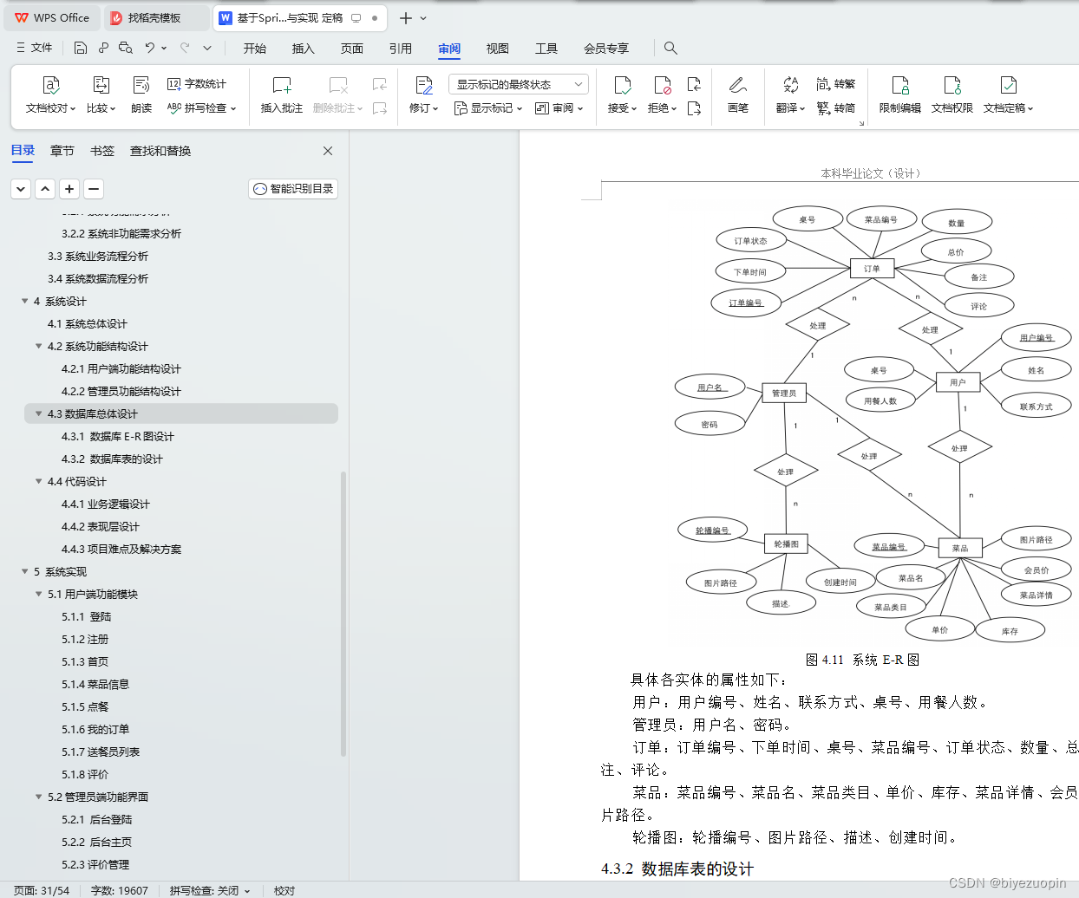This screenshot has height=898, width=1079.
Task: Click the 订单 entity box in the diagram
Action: coord(872,269)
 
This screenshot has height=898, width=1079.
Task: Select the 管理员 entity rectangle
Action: coord(784,394)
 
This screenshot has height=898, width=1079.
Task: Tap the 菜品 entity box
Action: coord(960,548)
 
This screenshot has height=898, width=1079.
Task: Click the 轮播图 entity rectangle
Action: coord(786,544)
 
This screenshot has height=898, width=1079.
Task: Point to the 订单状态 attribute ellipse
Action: coord(751,241)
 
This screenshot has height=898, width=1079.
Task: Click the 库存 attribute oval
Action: coord(1010,631)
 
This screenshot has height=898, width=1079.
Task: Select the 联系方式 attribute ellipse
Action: coord(1036,406)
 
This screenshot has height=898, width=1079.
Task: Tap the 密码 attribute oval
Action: coord(710,425)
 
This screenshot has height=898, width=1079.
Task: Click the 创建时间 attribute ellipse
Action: coord(840,582)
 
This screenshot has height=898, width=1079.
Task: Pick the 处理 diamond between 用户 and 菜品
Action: coord(959,448)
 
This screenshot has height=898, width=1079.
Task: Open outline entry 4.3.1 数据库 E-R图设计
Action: coord(118,437)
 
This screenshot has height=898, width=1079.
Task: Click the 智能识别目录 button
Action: coord(293,189)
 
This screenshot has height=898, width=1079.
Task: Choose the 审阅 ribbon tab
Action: coord(449,49)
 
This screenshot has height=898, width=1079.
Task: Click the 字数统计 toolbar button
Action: coord(197,84)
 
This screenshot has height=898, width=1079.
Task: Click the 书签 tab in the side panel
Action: coord(102,151)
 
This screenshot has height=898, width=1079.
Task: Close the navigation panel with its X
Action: coord(328,151)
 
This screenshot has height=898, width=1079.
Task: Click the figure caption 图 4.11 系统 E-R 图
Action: coord(862,660)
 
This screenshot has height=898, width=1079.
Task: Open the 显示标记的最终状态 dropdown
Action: coord(518,84)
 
